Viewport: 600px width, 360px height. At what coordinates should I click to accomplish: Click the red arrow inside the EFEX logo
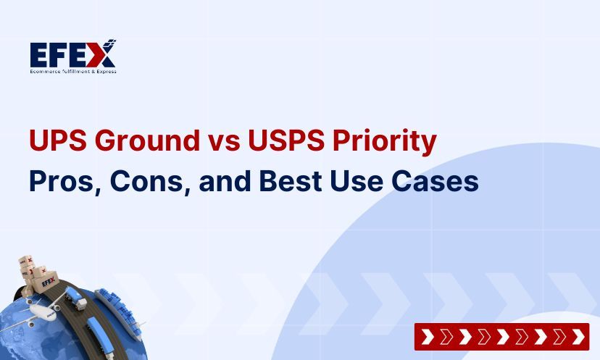105,52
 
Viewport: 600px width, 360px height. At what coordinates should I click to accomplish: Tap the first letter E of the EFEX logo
40,54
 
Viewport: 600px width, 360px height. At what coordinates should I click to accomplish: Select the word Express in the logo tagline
105,71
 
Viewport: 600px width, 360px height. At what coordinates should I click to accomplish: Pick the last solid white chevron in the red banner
578,337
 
